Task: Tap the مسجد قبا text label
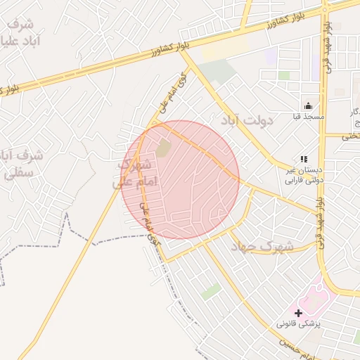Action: click(x=308, y=116)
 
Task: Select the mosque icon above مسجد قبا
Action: click(x=308, y=105)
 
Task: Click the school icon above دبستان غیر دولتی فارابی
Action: click(x=304, y=160)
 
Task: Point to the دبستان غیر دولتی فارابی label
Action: click(x=303, y=175)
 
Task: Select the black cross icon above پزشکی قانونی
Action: click(x=298, y=312)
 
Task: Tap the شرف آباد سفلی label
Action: click(x=22, y=162)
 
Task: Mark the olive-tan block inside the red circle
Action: click(x=163, y=148)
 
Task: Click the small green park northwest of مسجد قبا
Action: click(x=283, y=75)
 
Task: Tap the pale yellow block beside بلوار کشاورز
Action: click(x=225, y=51)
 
